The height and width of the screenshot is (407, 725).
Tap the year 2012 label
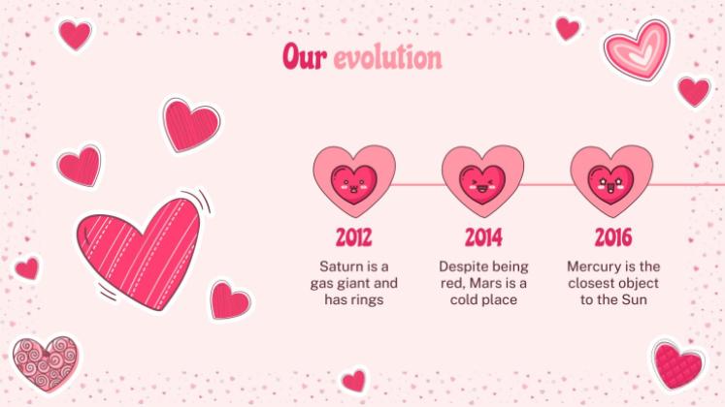[x=354, y=236]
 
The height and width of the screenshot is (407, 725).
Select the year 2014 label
[x=482, y=236]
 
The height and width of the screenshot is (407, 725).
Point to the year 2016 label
[x=611, y=236]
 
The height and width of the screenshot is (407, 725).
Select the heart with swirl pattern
[x=46, y=361]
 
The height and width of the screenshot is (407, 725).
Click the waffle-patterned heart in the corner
[x=677, y=365]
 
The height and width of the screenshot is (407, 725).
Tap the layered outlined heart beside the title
[x=638, y=48]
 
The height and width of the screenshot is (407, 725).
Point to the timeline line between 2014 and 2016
[x=546, y=183]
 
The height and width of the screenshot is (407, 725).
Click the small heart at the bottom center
[x=354, y=380]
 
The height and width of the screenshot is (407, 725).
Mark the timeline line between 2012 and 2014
[x=418, y=183]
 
